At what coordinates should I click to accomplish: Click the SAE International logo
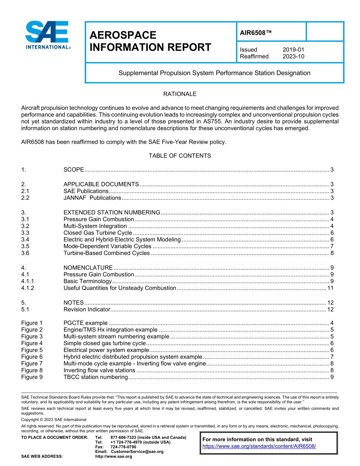[x=48, y=35]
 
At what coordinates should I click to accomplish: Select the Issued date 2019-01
[x=293, y=50]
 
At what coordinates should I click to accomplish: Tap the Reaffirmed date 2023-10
[x=293, y=56]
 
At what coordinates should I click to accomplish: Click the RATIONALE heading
[x=180, y=94]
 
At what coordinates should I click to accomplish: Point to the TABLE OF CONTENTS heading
[x=180, y=156]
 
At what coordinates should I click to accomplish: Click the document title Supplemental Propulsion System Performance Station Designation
[x=214, y=73]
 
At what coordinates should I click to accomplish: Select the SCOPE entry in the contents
[x=74, y=170]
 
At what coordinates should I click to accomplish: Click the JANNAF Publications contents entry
[x=92, y=198]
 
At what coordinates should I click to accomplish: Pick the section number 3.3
[x=25, y=233]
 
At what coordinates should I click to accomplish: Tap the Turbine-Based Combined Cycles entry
[x=106, y=253]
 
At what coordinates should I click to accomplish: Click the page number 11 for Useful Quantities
[x=330, y=288]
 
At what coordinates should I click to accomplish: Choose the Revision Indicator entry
[x=86, y=309]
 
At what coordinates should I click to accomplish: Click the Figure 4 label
[x=32, y=343]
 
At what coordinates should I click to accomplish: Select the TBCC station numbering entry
[x=95, y=377]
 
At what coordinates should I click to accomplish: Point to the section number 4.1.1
[x=28, y=281]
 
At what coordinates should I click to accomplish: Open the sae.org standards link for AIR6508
[x=259, y=446]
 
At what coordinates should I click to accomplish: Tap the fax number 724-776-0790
[x=123, y=447]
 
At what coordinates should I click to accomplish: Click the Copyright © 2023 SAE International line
[x=54, y=419]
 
